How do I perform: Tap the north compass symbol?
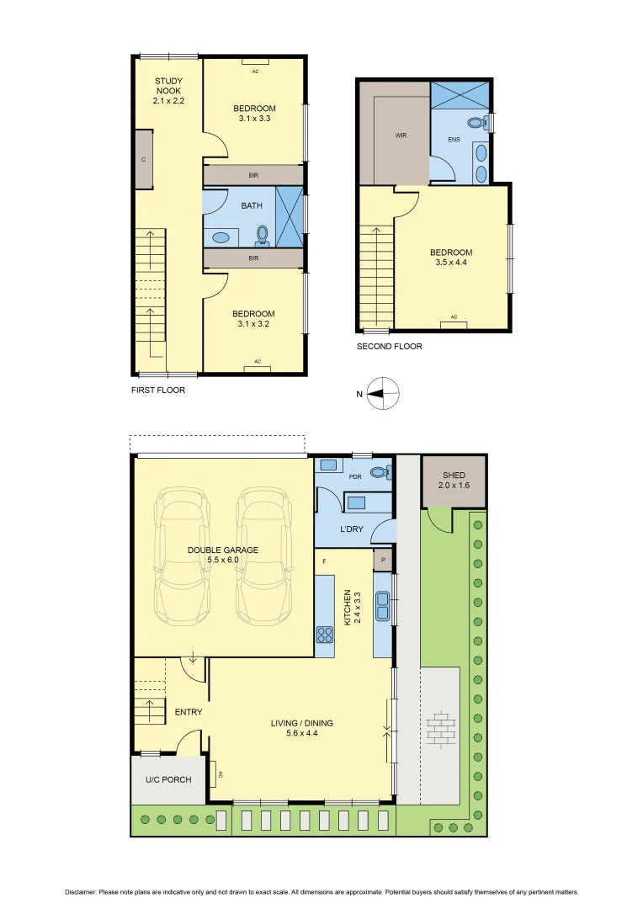click(x=383, y=392)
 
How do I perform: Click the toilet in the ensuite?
click(x=477, y=123)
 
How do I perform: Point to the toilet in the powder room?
click(x=381, y=473)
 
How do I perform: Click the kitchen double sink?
click(x=384, y=599)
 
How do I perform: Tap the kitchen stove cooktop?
click(x=324, y=635)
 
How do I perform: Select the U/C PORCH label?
click(x=168, y=779)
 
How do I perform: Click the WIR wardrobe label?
click(x=401, y=135)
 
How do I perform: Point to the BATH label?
click(x=252, y=205)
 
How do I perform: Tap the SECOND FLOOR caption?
click(x=389, y=346)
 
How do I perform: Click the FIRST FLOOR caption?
click(x=158, y=390)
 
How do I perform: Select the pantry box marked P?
click(x=383, y=559)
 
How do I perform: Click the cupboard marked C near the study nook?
click(x=144, y=159)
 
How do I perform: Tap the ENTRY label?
click(x=189, y=712)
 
